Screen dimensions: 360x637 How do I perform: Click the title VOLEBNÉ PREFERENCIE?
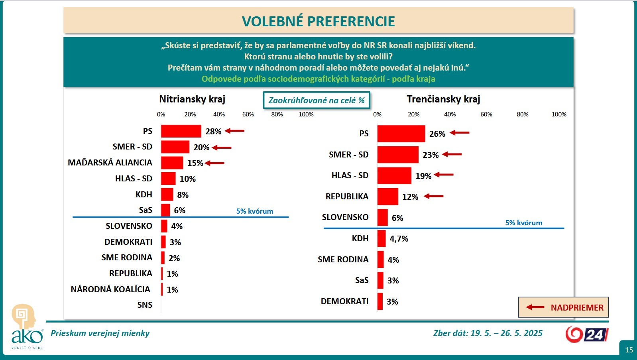click(x=318, y=21)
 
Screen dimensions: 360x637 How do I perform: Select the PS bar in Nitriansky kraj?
click(x=181, y=131)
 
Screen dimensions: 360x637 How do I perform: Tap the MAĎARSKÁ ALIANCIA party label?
click(x=110, y=163)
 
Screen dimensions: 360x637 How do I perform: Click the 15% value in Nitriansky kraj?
click(x=195, y=163)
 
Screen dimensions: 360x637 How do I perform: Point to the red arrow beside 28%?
click(x=235, y=131)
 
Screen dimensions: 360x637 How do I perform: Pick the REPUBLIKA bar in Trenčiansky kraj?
click(x=387, y=197)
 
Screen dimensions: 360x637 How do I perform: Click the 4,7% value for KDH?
click(x=399, y=239)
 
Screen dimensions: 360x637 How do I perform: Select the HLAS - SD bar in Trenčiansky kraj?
click(x=394, y=176)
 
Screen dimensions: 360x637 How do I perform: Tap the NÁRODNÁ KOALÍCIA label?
click(x=110, y=289)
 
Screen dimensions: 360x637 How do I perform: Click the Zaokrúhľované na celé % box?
click(x=317, y=100)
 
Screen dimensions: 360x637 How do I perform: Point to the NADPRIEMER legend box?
click(x=563, y=307)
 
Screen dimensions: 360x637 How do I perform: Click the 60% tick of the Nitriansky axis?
click(x=248, y=114)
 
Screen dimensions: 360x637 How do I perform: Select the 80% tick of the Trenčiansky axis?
click(x=522, y=114)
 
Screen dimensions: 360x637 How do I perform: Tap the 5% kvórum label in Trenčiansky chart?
click(x=523, y=223)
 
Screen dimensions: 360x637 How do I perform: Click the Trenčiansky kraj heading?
click(x=443, y=99)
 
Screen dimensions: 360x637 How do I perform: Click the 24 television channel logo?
click(x=586, y=334)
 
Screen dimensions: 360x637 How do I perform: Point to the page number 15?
click(x=629, y=350)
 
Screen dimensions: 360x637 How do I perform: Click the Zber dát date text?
click(x=488, y=333)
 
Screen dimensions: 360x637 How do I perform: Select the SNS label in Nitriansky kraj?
click(x=145, y=305)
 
